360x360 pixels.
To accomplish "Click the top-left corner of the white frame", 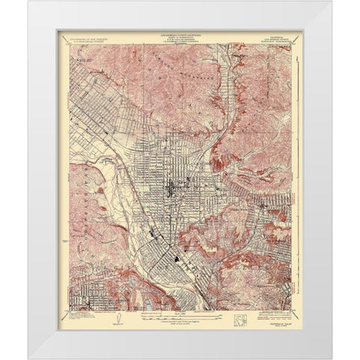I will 30,2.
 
